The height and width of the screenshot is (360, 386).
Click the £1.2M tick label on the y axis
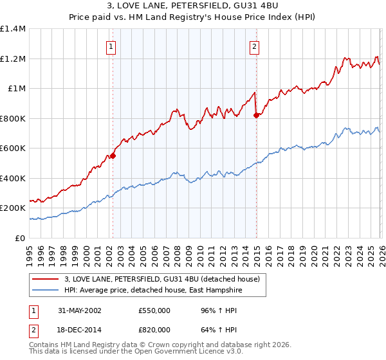pos(13,59)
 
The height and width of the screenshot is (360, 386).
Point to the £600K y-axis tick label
pos(13,148)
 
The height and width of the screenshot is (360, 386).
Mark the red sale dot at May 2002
pos(113,156)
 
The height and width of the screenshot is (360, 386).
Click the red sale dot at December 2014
pos(256,115)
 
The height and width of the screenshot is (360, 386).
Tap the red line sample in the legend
pos(46,279)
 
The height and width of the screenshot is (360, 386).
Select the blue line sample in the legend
pos(46,291)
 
